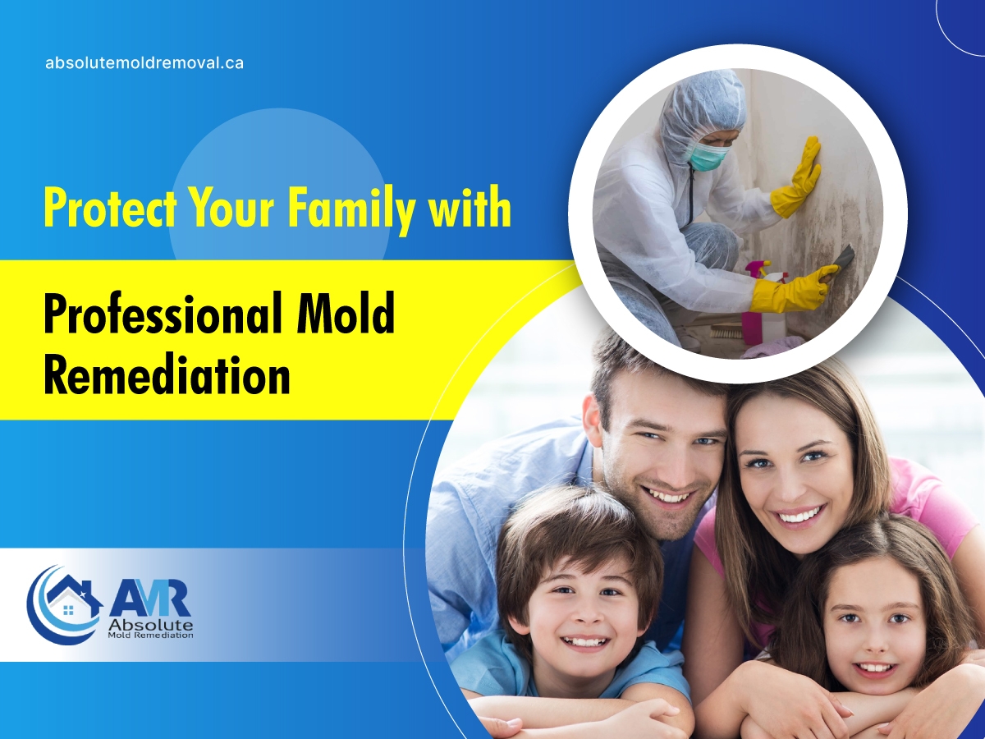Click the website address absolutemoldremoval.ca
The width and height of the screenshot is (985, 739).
click(x=144, y=63)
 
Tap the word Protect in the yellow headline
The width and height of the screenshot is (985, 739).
click(x=109, y=209)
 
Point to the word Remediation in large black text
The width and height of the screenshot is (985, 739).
click(x=167, y=374)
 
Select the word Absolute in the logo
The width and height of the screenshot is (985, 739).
click(x=151, y=625)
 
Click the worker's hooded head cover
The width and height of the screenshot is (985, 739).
click(x=700, y=112)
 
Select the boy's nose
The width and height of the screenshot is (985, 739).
click(x=580, y=613)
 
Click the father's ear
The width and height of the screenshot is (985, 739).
click(x=593, y=417)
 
